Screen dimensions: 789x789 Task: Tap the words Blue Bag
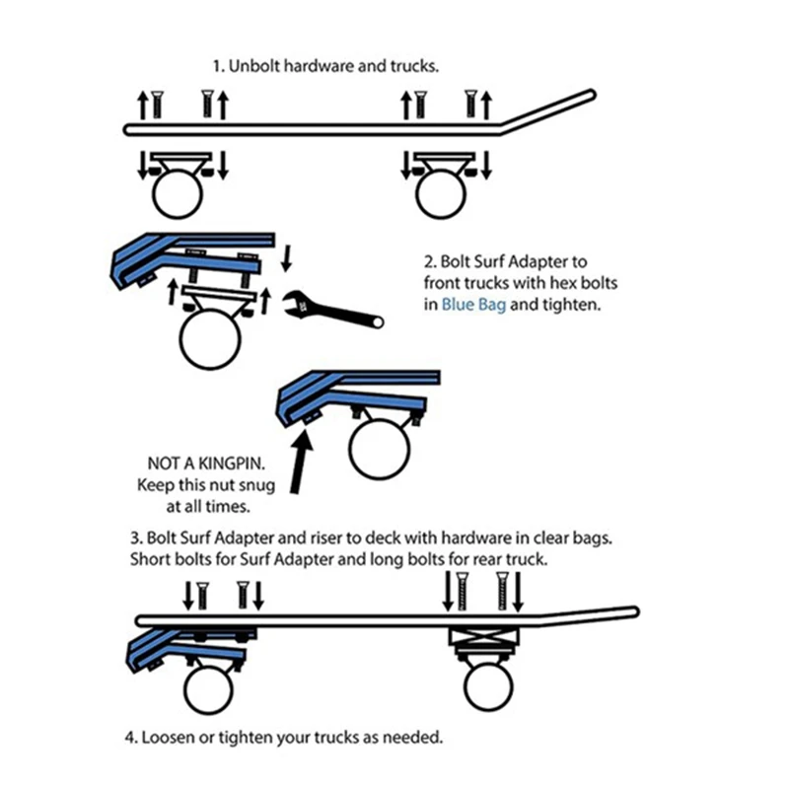(473, 306)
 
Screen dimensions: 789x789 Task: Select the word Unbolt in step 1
(252, 67)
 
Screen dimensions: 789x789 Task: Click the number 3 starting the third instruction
(135, 539)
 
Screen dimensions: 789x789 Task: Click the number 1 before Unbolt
(217, 67)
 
